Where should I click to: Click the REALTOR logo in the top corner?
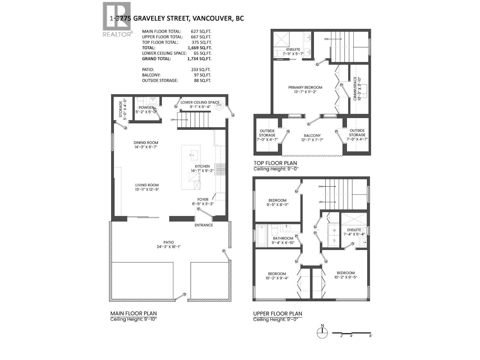[x=117, y=19]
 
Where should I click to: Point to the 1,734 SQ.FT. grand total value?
[x=199, y=59]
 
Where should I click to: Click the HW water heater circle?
[x=219, y=105]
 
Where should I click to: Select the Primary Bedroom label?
[x=305, y=88]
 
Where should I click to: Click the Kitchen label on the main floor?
[x=202, y=166]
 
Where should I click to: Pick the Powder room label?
[x=146, y=108]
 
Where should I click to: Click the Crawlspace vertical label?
[x=355, y=89]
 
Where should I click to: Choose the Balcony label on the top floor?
[x=312, y=136]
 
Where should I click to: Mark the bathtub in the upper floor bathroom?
[x=262, y=235]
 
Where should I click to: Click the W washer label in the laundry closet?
[x=334, y=230]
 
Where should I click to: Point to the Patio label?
[x=169, y=242]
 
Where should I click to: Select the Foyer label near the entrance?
[x=203, y=199]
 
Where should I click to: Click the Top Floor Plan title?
[x=275, y=163]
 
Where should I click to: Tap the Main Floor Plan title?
[x=133, y=313]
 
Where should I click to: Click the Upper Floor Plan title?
[x=277, y=313]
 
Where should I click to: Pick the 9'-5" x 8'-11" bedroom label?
[x=277, y=200]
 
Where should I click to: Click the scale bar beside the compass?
[x=352, y=333]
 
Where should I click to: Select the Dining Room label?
[x=146, y=143]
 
